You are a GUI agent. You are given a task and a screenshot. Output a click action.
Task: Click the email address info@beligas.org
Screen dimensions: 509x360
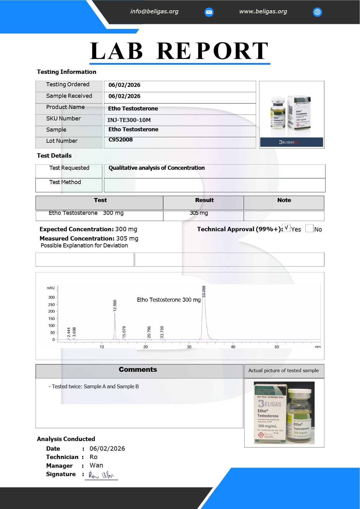click(154, 11)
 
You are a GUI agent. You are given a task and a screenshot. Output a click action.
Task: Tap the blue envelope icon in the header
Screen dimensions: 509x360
click(209, 12)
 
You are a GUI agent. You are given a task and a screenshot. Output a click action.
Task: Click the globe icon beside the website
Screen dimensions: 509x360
click(317, 12)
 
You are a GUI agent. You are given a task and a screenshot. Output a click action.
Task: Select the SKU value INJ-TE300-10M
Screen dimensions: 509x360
click(129, 120)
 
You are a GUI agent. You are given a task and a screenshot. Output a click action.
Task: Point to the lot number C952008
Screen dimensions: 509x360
click(121, 140)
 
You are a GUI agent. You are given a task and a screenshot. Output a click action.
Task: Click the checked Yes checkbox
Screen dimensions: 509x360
click(286, 228)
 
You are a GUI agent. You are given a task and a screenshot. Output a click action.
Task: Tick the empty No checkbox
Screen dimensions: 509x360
click(309, 228)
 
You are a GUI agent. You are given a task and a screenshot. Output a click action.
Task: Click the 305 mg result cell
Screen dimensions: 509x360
click(199, 213)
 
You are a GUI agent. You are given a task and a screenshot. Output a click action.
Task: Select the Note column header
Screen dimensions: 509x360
click(284, 200)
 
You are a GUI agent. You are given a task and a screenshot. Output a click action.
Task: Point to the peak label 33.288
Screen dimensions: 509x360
click(204, 292)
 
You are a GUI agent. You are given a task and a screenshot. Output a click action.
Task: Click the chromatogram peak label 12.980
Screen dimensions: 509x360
click(115, 306)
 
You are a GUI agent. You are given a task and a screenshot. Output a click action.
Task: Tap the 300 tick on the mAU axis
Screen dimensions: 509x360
click(52, 297)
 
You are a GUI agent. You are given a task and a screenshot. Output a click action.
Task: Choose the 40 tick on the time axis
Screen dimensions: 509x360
click(233, 347)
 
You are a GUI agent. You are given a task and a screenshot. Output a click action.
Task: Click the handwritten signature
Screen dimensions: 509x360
click(101, 475)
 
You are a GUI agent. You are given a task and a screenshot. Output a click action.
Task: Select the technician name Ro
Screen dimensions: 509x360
click(93, 457)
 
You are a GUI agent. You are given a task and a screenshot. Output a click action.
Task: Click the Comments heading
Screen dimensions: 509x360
click(138, 370)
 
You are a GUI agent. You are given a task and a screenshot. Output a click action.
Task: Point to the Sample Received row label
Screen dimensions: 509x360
click(69, 96)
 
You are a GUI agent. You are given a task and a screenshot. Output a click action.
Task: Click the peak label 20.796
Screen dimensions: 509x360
click(149, 332)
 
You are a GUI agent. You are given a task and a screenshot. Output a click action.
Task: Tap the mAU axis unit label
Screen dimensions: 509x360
click(51, 288)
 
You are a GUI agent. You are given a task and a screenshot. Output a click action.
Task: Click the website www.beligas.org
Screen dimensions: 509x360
click(263, 11)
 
